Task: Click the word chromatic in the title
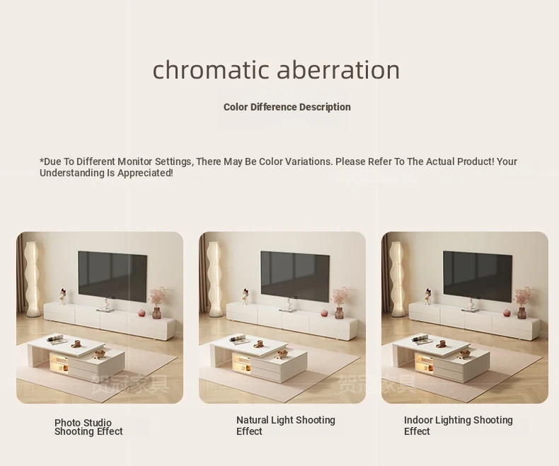pyautogui.click(x=211, y=69)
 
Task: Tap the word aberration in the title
pyautogui.click(x=338, y=69)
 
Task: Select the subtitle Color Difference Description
pyautogui.click(x=287, y=107)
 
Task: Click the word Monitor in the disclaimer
pyautogui.click(x=135, y=161)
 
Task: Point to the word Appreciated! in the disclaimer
pyautogui.click(x=145, y=174)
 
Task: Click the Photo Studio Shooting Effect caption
pyautogui.click(x=88, y=427)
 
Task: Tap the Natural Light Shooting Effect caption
pyautogui.click(x=286, y=426)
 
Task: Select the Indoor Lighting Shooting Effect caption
pyautogui.click(x=458, y=426)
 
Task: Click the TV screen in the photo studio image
pyautogui.click(x=113, y=276)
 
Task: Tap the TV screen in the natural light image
pyautogui.click(x=295, y=276)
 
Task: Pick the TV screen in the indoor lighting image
pyautogui.click(x=478, y=276)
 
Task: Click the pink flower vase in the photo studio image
pyautogui.click(x=157, y=302)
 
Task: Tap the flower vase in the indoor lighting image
pyautogui.click(x=522, y=302)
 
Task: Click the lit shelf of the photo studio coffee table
pyautogui.click(x=59, y=363)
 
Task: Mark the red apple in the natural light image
pyautogui.click(x=324, y=313)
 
